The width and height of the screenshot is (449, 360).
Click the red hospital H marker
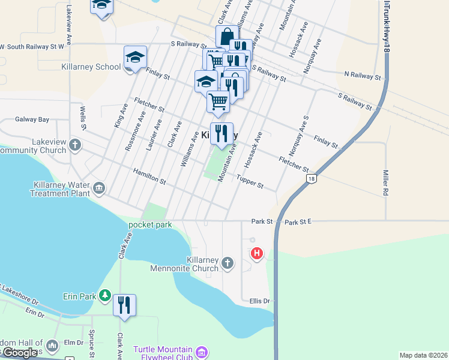click(257, 254)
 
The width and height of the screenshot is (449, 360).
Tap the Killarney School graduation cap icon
click(136, 58)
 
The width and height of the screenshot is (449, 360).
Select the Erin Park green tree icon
click(105, 296)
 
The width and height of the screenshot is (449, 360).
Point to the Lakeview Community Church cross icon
click(75, 144)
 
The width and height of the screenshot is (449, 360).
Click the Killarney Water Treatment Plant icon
click(100, 188)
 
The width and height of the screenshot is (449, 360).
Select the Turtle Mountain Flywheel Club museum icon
click(202, 351)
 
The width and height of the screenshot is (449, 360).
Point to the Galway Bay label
click(32, 119)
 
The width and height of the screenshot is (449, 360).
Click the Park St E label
click(298, 222)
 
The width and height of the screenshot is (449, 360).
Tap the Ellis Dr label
click(259, 301)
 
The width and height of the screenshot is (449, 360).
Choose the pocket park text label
click(150, 225)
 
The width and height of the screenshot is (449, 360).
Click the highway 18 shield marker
click(310, 179)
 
